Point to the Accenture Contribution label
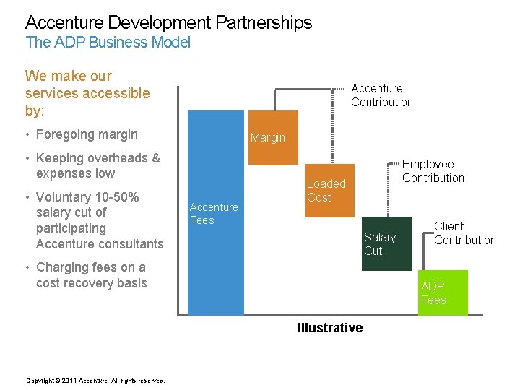pos(381,95)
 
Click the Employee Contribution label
pos(433,171)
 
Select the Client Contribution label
pos(464,233)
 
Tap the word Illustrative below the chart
pos(330,328)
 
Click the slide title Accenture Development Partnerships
pos(168,22)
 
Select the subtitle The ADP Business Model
pos(108,43)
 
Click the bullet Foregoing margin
pos(86,134)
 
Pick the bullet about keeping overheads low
pos(97,165)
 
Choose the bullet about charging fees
pos(91,275)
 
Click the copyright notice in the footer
pos(95,381)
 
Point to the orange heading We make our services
pos(87,93)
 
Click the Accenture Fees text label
pos(213,214)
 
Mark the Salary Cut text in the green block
pos(380,244)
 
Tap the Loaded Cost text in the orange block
pos(326,191)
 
